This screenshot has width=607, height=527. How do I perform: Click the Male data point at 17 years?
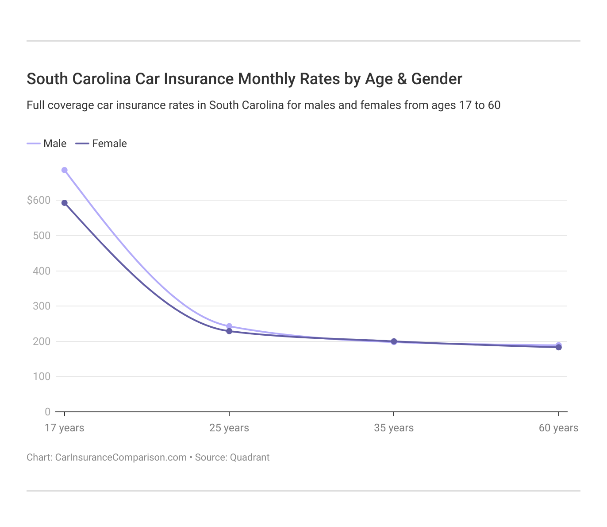(x=65, y=170)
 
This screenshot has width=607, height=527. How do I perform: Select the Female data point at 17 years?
(x=65, y=203)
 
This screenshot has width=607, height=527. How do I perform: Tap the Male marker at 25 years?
(x=229, y=326)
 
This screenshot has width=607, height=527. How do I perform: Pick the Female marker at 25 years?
(x=229, y=331)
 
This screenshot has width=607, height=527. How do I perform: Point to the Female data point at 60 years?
(x=559, y=348)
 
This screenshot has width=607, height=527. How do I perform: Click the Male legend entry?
(x=47, y=143)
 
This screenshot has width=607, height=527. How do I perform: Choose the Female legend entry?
(x=102, y=143)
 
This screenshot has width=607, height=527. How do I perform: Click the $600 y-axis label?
(x=39, y=200)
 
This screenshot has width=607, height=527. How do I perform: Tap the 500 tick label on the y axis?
(x=42, y=236)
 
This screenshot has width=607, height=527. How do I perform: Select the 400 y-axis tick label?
(x=42, y=271)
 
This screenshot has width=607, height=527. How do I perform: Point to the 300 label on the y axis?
(x=42, y=306)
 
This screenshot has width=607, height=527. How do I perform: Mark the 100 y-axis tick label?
(x=42, y=376)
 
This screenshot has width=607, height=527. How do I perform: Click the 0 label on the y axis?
(x=47, y=412)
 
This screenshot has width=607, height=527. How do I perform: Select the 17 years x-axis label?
(x=65, y=428)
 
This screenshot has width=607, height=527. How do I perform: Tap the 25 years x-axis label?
(x=229, y=428)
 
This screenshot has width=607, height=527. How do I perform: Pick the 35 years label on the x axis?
(x=394, y=428)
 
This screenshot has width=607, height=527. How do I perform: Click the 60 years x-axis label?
(x=558, y=428)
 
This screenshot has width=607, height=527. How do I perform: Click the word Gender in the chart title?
(x=437, y=79)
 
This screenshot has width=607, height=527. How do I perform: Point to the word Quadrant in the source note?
(x=250, y=457)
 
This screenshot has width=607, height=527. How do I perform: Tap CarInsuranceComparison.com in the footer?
(x=121, y=457)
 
